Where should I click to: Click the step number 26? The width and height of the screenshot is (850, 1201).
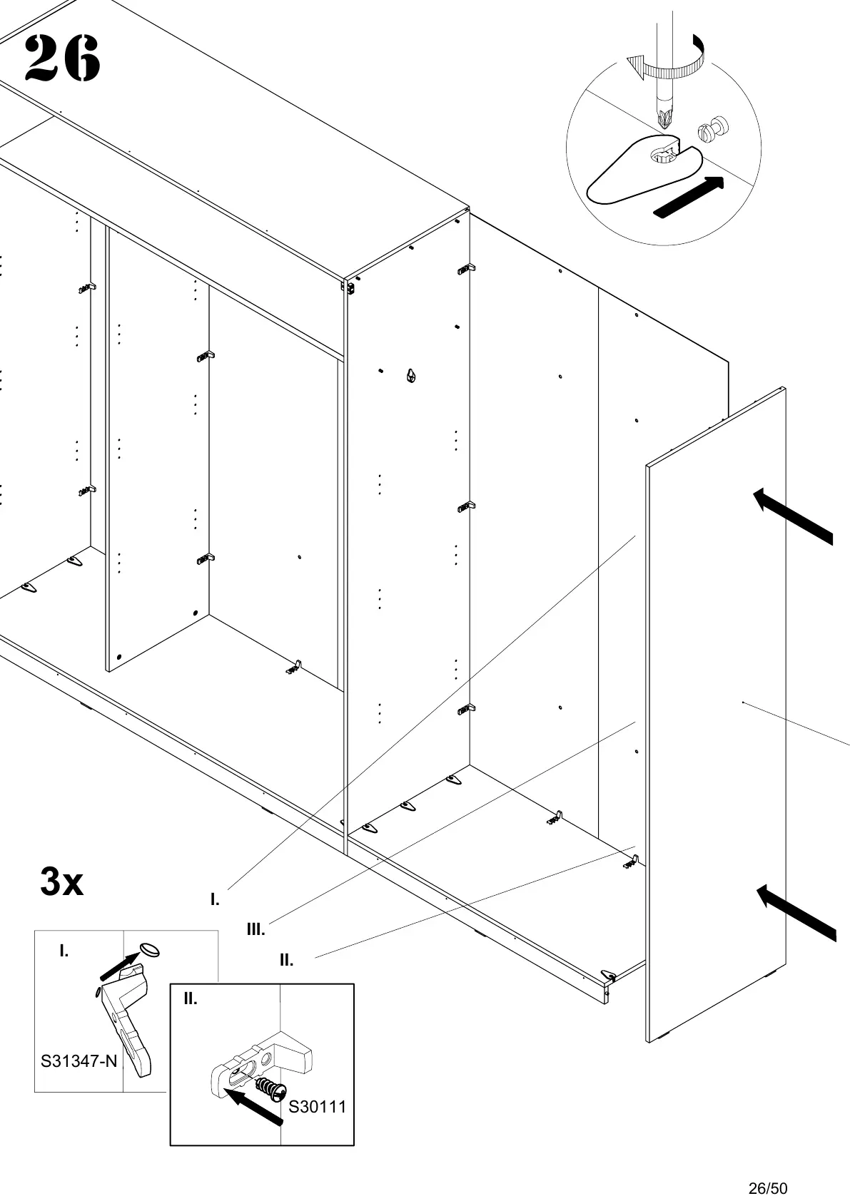click(x=62, y=58)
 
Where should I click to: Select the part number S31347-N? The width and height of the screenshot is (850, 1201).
click(x=79, y=1081)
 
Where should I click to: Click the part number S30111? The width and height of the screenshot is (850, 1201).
click(x=317, y=1107)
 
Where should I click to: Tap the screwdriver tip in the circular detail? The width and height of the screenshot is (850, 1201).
click(x=667, y=119)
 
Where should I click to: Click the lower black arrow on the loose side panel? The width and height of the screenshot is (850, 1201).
click(x=795, y=913)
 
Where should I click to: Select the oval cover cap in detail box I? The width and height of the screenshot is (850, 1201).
click(x=150, y=949)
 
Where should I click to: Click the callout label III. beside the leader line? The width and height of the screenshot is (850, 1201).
click(x=255, y=929)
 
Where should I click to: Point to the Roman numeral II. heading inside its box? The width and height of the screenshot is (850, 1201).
click(x=191, y=999)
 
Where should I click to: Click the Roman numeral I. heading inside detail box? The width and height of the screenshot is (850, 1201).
click(x=64, y=951)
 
